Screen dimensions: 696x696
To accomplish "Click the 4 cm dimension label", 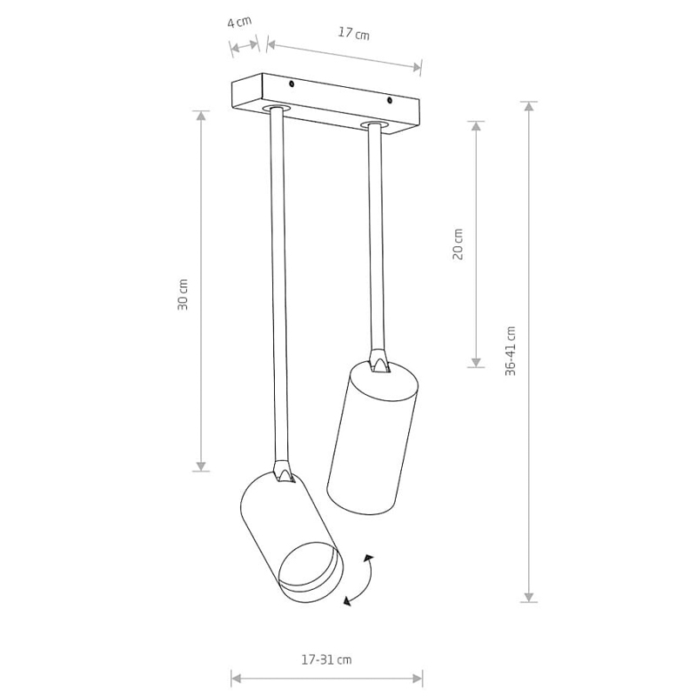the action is pos(239,21).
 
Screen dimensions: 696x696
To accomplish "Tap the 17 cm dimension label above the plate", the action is pos(354,33).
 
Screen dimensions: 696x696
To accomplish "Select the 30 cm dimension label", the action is pos(183,294).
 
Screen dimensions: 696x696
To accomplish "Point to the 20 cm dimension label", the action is pos(458,244).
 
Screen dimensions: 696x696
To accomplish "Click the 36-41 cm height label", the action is pos(511,351).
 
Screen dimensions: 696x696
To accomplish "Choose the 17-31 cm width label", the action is pos(327,660).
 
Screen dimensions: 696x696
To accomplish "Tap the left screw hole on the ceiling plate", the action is pos(291,84).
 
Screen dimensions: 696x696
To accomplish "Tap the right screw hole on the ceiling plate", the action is pos(389,101).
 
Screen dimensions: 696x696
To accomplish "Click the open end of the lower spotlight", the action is pos(311,572).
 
